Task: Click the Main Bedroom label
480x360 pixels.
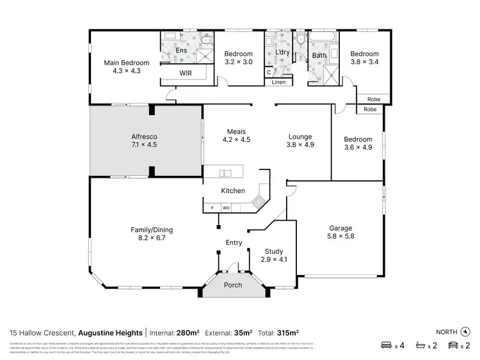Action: click(127, 63)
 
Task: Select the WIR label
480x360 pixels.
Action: click(185, 74)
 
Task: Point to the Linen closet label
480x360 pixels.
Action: click(278, 82)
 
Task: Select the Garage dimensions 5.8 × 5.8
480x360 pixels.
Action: click(341, 236)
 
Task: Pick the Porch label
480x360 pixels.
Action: click(233, 285)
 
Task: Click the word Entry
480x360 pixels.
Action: click(234, 242)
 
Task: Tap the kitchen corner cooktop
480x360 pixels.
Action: click(259, 203)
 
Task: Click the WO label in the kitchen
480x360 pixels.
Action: click(226, 208)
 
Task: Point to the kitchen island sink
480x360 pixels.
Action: click(225, 173)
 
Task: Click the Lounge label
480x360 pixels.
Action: click(300, 136)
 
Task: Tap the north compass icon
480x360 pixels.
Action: click(465, 331)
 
